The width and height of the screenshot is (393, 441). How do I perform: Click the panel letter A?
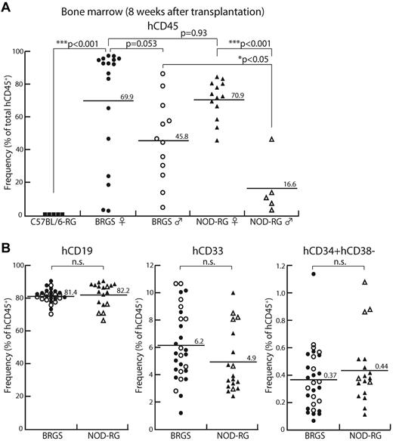click(x=5, y=6)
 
